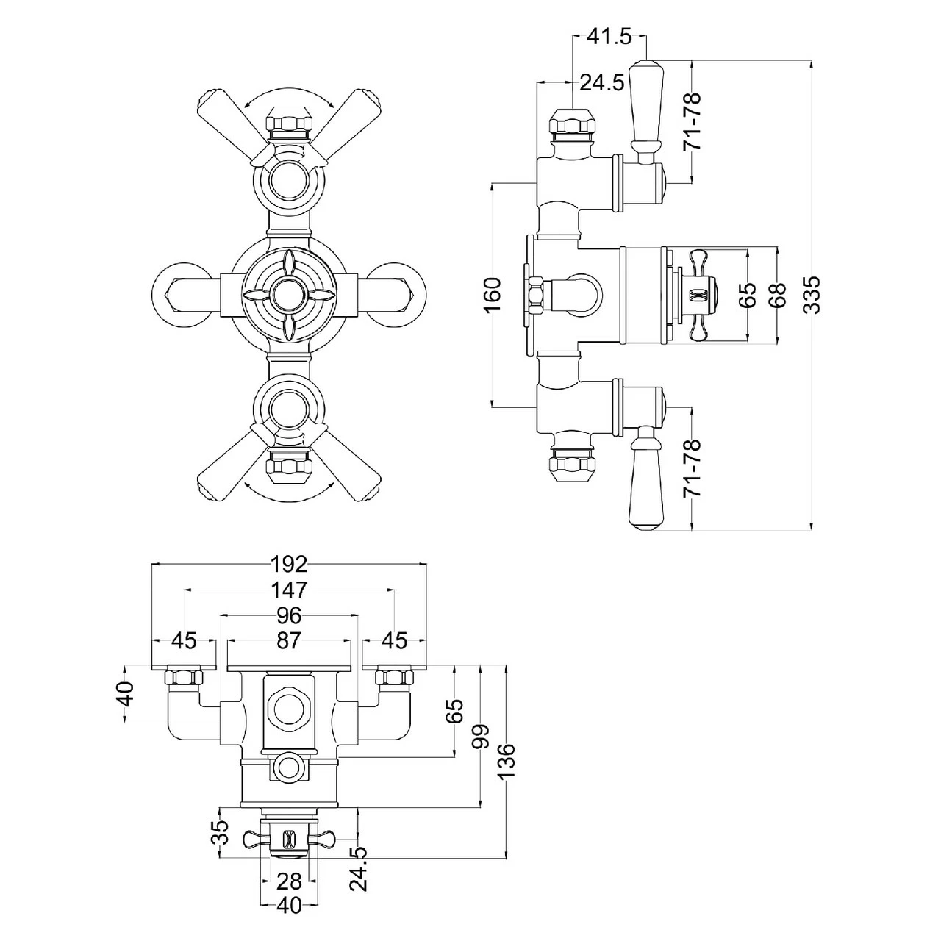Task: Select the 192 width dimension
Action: (288, 564)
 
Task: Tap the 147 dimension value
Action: (288, 590)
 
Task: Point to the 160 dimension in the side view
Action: (493, 294)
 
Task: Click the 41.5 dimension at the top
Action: (609, 36)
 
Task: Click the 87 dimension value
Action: (288, 641)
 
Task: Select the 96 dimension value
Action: (288, 615)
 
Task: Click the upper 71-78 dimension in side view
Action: (692, 121)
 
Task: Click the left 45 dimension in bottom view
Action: (184, 641)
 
